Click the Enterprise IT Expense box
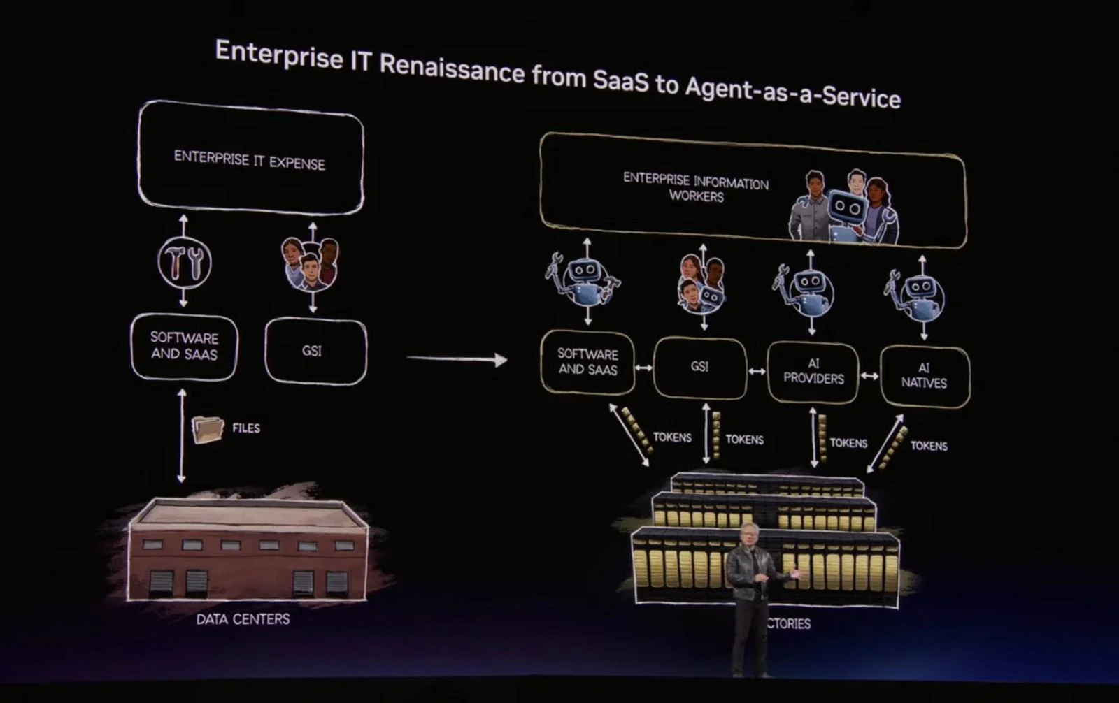pyautogui.click(x=250, y=159)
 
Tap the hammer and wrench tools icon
pyautogui.click(x=184, y=262)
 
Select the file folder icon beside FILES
pyautogui.click(x=208, y=428)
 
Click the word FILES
pyautogui.click(x=246, y=428)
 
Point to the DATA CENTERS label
pyautogui.click(x=243, y=619)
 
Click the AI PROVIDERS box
pyautogui.click(x=813, y=372)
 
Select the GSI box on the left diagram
pyautogui.click(x=315, y=351)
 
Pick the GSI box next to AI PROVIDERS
pyautogui.click(x=699, y=367)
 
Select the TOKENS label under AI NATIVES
pyautogui.click(x=928, y=446)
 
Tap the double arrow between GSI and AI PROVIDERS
pyautogui.click(x=757, y=371)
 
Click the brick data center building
pyautogui.click(x=248, y=552)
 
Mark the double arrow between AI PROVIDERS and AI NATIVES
pyautogui.click(x=869, y=376)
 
